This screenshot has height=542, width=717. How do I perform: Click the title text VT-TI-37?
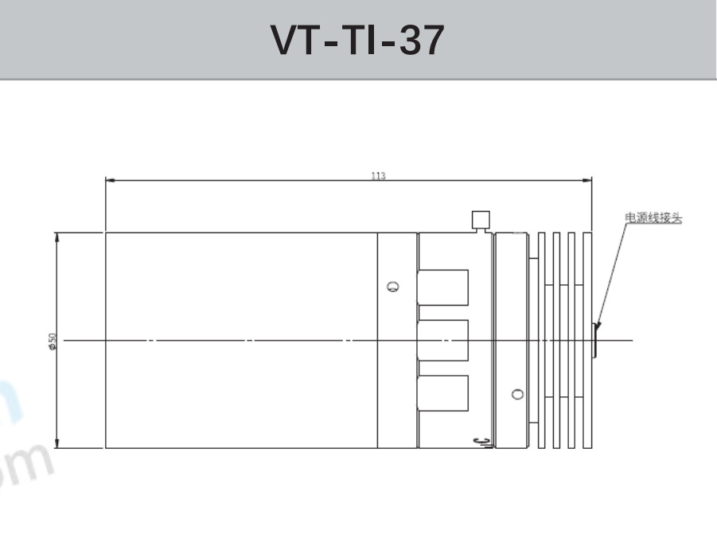click(x=357, y=40)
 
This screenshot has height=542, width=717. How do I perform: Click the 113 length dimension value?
click(x=378, y=176)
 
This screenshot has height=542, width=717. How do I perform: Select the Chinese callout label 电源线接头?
click(x=653, y=216)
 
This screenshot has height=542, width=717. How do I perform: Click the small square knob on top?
click(x=480, y=219)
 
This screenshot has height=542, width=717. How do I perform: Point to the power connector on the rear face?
click(x=596, y=341)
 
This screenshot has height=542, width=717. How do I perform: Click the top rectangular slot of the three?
click(x=443, y=287)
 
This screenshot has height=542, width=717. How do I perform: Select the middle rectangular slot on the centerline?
click(x=443, y=341)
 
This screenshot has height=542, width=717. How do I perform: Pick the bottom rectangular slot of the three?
click(x=443, y=393)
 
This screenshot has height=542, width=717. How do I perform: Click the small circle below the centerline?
click(x=518, y=394)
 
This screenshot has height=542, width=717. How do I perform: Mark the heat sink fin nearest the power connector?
click(x=588, y=341)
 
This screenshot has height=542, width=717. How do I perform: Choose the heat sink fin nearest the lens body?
click(x=542, y=341)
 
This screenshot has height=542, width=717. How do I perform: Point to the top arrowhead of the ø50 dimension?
click(x=57, y=237)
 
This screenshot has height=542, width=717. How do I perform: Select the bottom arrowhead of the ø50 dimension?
click(x=57, y=443)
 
